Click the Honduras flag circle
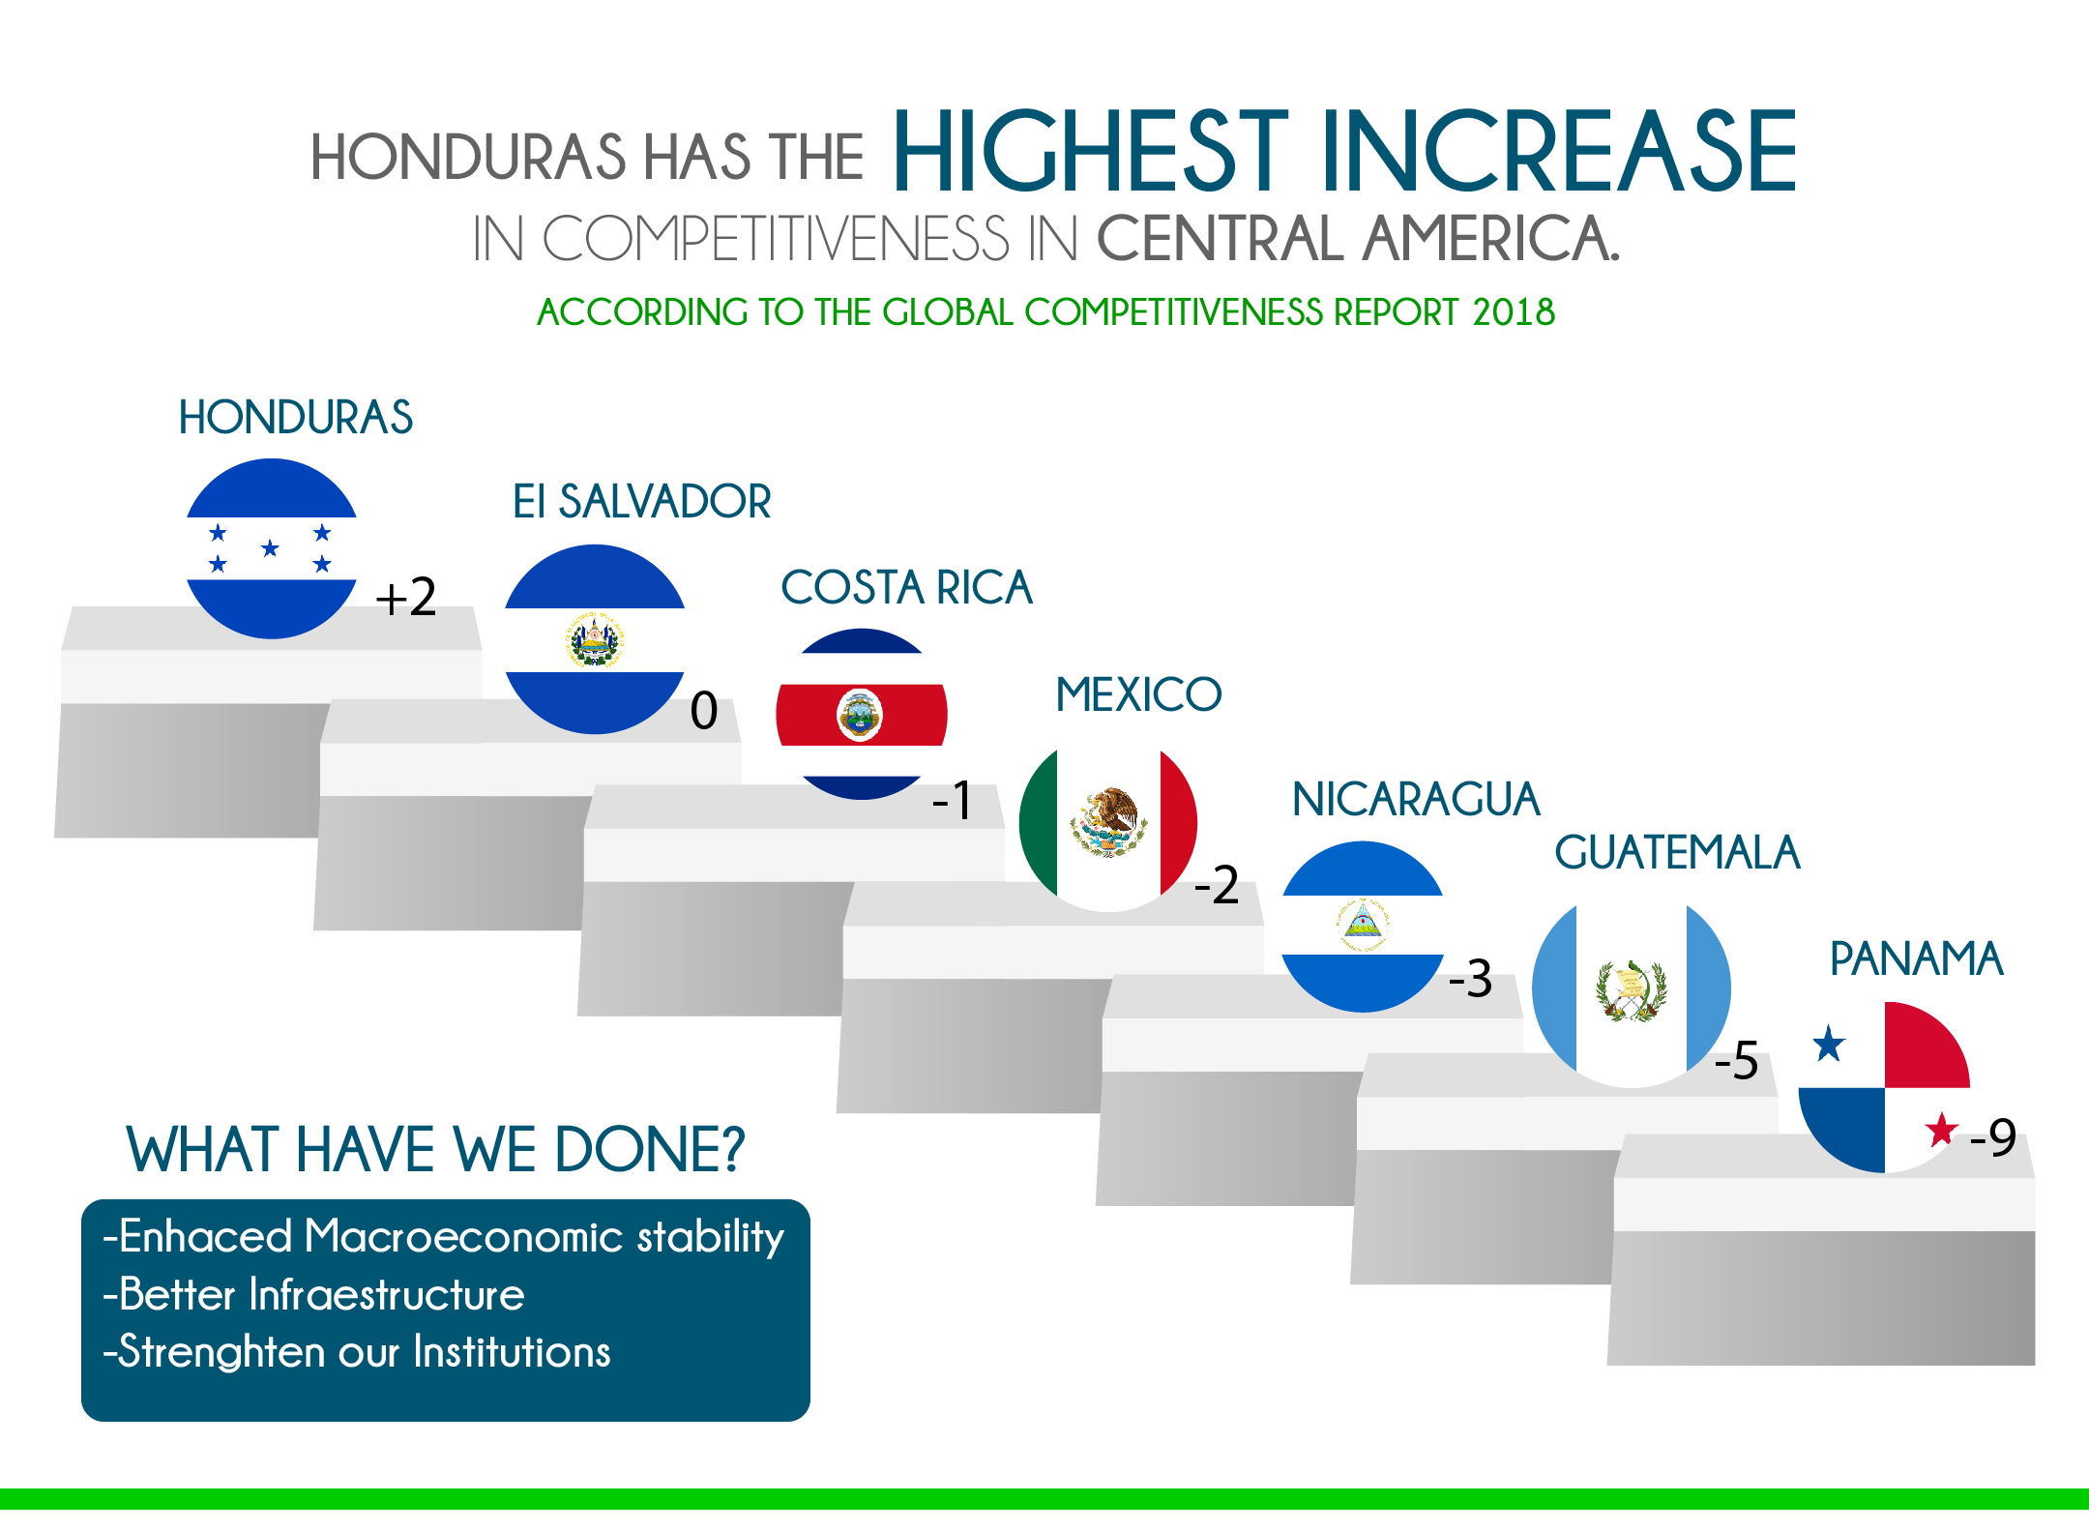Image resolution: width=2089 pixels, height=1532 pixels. (x=272, y=548)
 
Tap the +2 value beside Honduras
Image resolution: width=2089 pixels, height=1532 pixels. (x=406, y=597)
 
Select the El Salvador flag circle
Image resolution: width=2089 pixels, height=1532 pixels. (x=595, y=639)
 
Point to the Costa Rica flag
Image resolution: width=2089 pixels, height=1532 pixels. (x=862, y=714)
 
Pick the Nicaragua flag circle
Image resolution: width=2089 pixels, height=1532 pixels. (x=1363, y=927)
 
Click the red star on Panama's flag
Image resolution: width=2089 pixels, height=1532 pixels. (x=1941, y=1129)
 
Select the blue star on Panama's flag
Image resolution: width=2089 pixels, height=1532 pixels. (x=1829, y=1045)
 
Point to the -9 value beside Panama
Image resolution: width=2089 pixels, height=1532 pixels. (x=1993, y=1137)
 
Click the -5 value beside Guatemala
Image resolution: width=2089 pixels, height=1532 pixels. (x=1736, y=1060)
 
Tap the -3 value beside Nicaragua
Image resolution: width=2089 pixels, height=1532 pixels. (x=1471, y=979)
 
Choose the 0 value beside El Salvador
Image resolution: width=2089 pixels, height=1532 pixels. (x=704, y=711)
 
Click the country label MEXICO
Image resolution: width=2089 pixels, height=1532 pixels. (x=1138, y=694)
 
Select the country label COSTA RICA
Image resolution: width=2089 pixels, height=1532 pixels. (x=906, y=588)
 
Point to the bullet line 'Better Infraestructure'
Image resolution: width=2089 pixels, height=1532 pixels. (x=314, y=1294)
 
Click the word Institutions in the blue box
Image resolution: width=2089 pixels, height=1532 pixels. (x=512, y=1352)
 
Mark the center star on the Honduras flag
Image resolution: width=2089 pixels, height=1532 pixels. (x=270, y=548)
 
